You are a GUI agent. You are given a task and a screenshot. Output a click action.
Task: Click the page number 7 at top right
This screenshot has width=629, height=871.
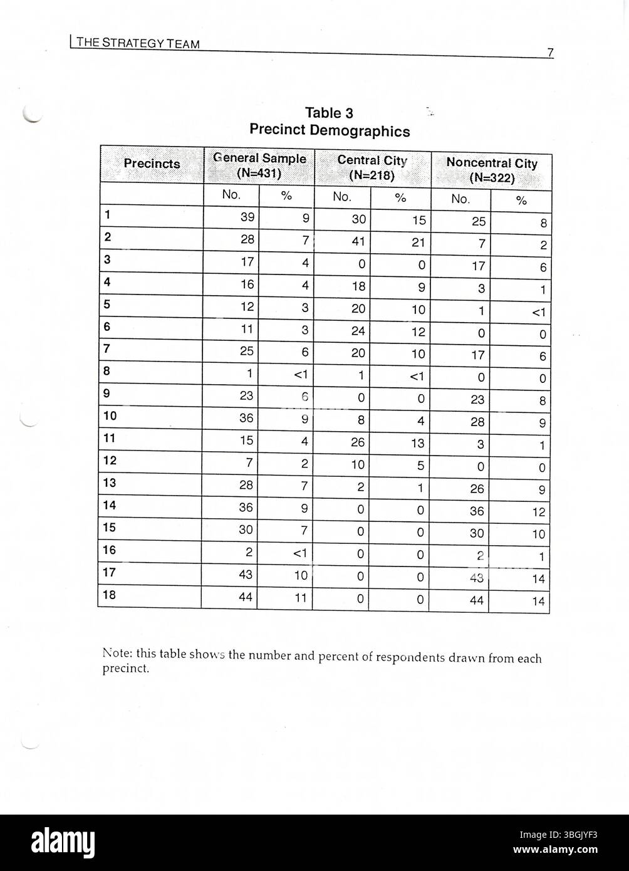point(550,53)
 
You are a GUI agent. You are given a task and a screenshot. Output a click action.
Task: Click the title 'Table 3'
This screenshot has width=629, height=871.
point(329,113)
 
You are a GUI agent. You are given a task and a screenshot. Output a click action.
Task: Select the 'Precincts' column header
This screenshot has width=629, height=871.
point(152,164)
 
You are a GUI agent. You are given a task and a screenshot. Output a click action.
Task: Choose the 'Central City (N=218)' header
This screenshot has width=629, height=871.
point(372,167)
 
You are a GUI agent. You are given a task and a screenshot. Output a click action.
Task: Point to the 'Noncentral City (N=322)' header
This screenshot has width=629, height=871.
point(491,170)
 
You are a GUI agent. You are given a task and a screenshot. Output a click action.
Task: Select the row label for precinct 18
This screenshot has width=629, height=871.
point(109,595)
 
